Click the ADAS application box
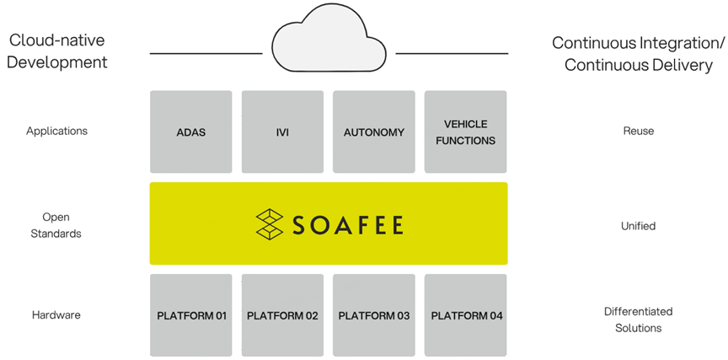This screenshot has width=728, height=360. click(191, 132)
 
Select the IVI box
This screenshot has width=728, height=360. click(282, 132)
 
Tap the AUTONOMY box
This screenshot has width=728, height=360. click(374, 132)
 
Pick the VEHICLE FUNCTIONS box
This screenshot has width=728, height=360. click(465, 132)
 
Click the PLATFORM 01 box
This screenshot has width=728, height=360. click(191, 315)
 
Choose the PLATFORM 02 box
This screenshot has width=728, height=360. click(282, 315)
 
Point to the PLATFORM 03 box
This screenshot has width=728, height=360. click(374, 315)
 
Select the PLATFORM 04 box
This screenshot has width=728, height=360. click(466, 315)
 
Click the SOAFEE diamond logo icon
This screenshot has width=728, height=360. click(270, 224)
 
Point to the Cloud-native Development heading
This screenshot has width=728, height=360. click(58, 51)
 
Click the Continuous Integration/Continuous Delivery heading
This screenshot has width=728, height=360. click(638, 53)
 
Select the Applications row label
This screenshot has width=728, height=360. click(56, 131)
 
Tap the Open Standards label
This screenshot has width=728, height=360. click(56, 225)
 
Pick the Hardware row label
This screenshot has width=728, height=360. click(56, 314)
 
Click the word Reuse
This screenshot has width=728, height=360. click(638, 131)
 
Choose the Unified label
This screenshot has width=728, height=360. click(638, 226)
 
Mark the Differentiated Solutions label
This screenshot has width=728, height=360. click(638, 320)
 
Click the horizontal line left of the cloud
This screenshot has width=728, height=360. click(206, 53)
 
